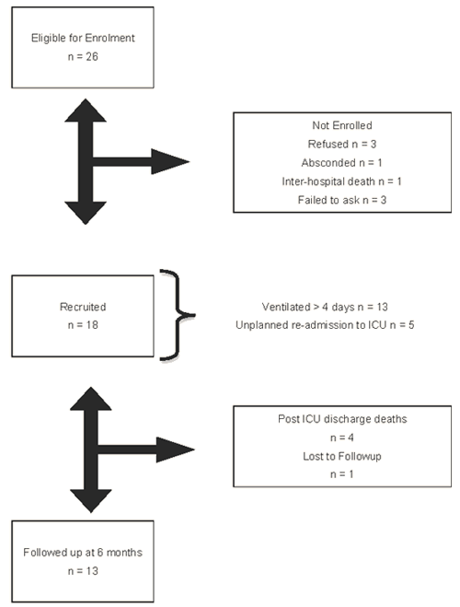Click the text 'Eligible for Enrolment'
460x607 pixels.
point(83,38)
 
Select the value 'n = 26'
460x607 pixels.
point(83,56)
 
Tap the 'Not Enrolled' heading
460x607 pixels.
point(342,125)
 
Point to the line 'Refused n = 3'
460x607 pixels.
point(342,144)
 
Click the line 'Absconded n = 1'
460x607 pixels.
point(342,163)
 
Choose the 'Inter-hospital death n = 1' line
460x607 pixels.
point(342,181)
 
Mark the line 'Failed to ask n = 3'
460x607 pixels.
point(342,200)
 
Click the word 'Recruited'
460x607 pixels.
point(83,307)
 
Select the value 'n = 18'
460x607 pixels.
point(83,325)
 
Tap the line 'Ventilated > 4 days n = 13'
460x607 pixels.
point(325,307)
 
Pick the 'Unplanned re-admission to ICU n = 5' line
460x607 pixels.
point(325,325)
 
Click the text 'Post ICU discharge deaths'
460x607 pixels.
point(342,419)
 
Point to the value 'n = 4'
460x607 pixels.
point(342,438)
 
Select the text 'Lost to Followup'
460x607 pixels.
point(342,456)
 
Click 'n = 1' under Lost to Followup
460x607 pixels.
point(342,473)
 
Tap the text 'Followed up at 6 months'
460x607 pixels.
point(83,553)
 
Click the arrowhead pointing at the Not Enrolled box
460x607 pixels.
point(170,161)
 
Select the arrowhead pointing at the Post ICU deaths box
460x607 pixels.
point(175,449)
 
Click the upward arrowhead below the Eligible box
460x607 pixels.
point(86,111)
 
